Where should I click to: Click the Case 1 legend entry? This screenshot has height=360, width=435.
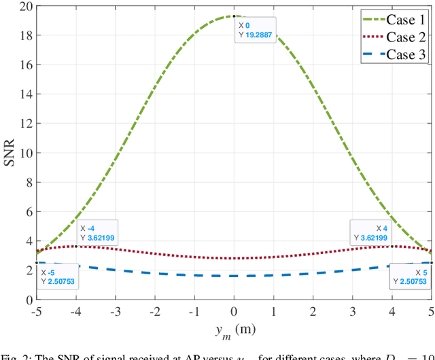[394, 19]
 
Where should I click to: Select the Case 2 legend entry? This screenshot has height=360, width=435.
[394, 37]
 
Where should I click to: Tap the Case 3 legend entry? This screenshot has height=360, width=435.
[394, 54]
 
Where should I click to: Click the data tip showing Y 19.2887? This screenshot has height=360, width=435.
[255, 31]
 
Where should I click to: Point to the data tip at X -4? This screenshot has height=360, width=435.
[98, 233]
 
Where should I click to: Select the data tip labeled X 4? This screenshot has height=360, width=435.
[370, 233]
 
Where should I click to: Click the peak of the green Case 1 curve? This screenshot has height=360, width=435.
[234, 16]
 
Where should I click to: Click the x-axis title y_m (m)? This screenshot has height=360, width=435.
[234, 331]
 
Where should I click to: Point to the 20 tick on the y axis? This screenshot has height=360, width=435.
[25, 7]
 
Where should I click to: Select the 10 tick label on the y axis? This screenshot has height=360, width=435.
[25, 153]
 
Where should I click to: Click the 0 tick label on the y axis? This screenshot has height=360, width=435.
[28, 299]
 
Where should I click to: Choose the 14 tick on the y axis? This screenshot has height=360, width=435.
[25, 94]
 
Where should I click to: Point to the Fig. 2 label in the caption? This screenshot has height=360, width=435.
[13, 355]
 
